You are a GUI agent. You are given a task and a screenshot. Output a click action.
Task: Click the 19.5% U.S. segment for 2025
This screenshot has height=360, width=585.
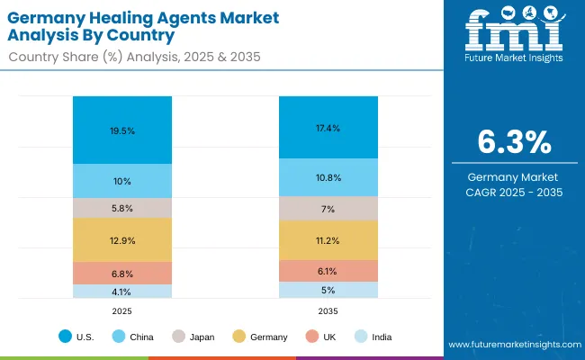(122, 130)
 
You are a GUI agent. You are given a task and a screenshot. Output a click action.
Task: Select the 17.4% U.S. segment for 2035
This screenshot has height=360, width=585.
(328, 129)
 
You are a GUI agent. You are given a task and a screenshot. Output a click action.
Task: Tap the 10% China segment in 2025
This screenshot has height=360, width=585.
(122, 182)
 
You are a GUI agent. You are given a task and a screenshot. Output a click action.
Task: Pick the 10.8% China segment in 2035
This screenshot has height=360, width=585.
(328, 178)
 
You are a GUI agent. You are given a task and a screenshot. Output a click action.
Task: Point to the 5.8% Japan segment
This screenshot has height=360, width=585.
(122, 208)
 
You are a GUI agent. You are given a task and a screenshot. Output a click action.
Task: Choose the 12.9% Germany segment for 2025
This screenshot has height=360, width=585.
(122, 240)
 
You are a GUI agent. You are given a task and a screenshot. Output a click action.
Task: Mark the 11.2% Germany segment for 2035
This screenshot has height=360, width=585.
(328, 240)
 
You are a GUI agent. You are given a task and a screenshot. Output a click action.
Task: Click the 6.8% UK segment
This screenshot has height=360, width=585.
(122, 274)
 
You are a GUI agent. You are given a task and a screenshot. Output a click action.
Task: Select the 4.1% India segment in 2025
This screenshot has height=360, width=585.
(122, 292)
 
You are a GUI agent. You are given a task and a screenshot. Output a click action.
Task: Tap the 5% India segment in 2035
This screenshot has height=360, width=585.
(328, 290)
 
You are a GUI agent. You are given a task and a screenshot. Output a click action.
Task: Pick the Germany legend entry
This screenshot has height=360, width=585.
(262, 337)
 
